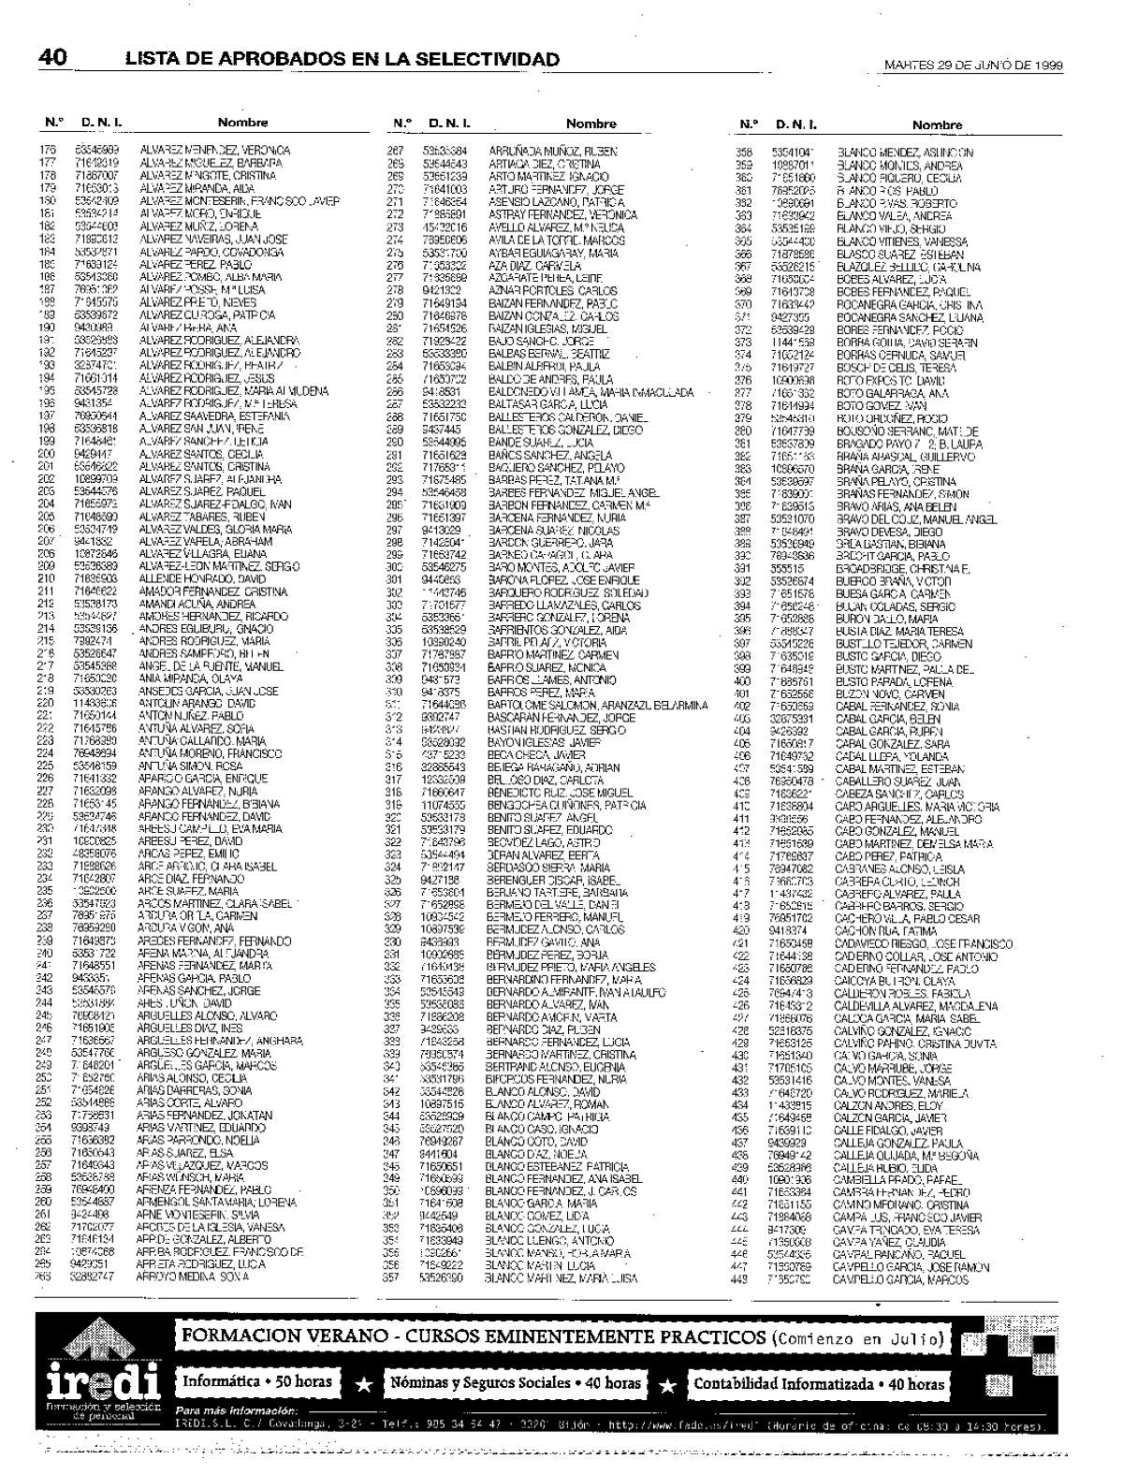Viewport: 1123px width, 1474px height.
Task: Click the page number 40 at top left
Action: point(52,58)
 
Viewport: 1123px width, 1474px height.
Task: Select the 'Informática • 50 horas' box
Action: point(257,1382)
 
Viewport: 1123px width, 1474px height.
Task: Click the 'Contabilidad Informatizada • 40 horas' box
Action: point(818,1383)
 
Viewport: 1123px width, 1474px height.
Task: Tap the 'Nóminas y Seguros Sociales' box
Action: point(516,1383)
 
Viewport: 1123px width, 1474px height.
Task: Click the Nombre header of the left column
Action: point(242,123)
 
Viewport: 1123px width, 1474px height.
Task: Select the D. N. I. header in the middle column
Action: point(449,123)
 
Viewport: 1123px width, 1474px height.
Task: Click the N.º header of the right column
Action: point(748,124)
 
